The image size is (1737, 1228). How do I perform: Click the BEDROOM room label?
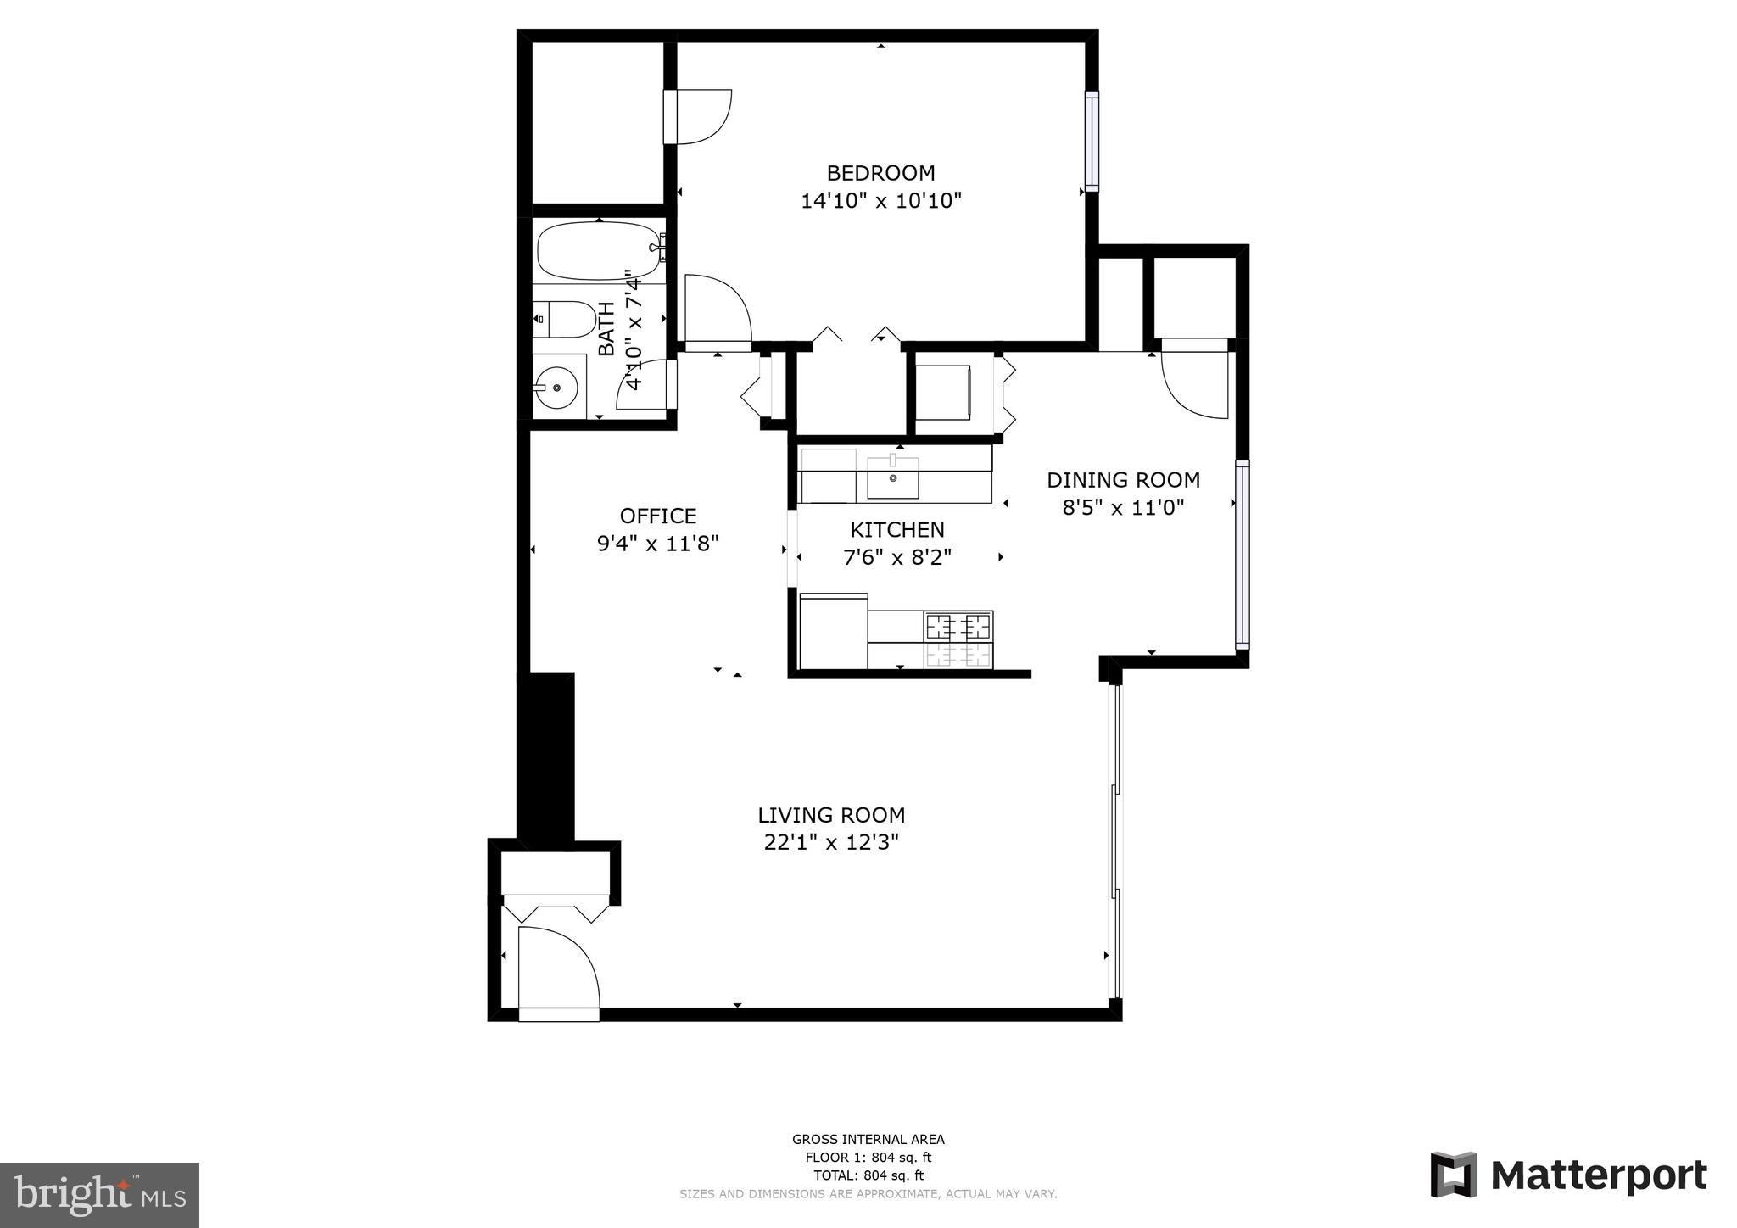(x=880, y=173)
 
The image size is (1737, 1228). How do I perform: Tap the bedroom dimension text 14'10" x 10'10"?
(x=881, y=201)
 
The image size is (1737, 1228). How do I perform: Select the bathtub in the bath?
(x=599, y=251)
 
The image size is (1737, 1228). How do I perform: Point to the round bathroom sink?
(x=556, y=388)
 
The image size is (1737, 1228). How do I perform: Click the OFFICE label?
(x=658, y=516)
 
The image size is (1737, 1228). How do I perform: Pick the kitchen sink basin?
(x=893, y=480)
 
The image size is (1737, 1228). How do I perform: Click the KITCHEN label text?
(x=897, y=530)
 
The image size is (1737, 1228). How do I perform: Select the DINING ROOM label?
(x=1123, y=480)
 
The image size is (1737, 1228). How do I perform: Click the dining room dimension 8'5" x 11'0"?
(x=1123, y=507)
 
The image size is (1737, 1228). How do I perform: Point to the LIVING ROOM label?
(x=831, y=815)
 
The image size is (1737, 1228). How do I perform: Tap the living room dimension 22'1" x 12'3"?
(x=831, y=842)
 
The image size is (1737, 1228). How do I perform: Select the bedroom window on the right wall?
(x=1092, y=141)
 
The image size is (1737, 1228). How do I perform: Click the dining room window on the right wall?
(x=1242, y=555)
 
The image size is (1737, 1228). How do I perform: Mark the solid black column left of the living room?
(x=545, y=757)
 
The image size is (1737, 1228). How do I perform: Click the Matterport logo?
(x=1569, y=1175)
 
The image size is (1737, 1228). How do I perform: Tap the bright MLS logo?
(x=100, y=1196)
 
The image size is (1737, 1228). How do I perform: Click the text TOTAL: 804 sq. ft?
(x=868, y=1175)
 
